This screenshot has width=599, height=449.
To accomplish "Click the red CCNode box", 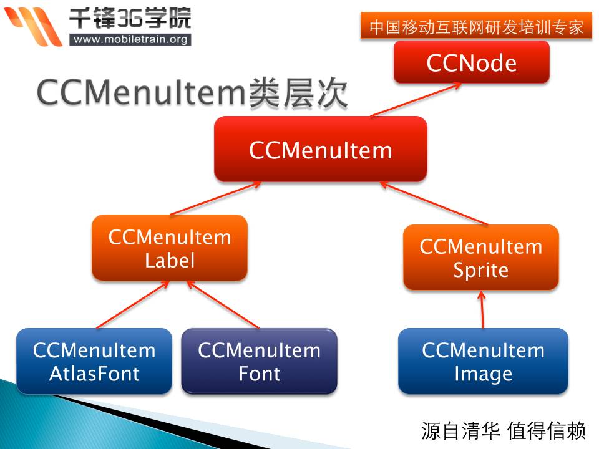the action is pyautogui.click(x=472, y=62).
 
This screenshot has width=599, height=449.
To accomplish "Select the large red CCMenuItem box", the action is pyautogui.click(x=321, y=149).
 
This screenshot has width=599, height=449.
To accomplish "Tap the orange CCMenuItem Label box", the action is pyautogui.click(x=170, y=248).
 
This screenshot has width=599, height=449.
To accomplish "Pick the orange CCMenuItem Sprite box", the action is pyautogui.click(x=481, y=258).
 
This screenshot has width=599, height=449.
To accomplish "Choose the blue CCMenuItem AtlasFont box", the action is pyautogui.click(x=94, y=361).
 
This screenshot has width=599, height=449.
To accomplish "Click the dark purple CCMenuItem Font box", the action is pyautogui.click(x=260, y=361).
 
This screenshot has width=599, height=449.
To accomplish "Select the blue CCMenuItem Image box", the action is pyautogui.click(x=483, y=361).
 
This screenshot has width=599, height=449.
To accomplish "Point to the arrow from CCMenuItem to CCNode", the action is pyautogui.click(x=416, y=100).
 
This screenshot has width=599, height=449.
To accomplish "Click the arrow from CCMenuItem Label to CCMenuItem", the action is pyautogui.click(x=216, y=198).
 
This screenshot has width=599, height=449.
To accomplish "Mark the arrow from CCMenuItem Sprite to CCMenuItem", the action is pyautogui.click(x=434, y=203).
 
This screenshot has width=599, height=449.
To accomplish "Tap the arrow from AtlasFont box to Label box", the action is pyautogui.click(x=133, y=305).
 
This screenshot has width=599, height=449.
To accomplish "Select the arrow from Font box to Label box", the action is pyautogui.click(x=223, y=305).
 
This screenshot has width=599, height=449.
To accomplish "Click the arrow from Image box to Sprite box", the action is pyautogui.click(x=482, y=310).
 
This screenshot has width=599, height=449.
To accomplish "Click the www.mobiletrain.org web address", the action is pyautogui.click(x=130, y=39).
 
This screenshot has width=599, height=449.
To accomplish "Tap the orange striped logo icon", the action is pyautogui.click(x=34, y=26).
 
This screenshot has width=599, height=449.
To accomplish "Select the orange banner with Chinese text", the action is pyautogui.click(x=476, y=26).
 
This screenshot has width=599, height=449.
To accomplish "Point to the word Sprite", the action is pyautogui.click(x=481, y=270).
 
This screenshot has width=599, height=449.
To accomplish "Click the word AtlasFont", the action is pyautogui.click(x=94, y=374).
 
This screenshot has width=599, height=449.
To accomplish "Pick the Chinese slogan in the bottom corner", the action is pyautogui.click(x=503, y=431).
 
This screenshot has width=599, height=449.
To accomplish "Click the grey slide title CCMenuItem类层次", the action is pyautogui.click(x=192, y=93).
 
